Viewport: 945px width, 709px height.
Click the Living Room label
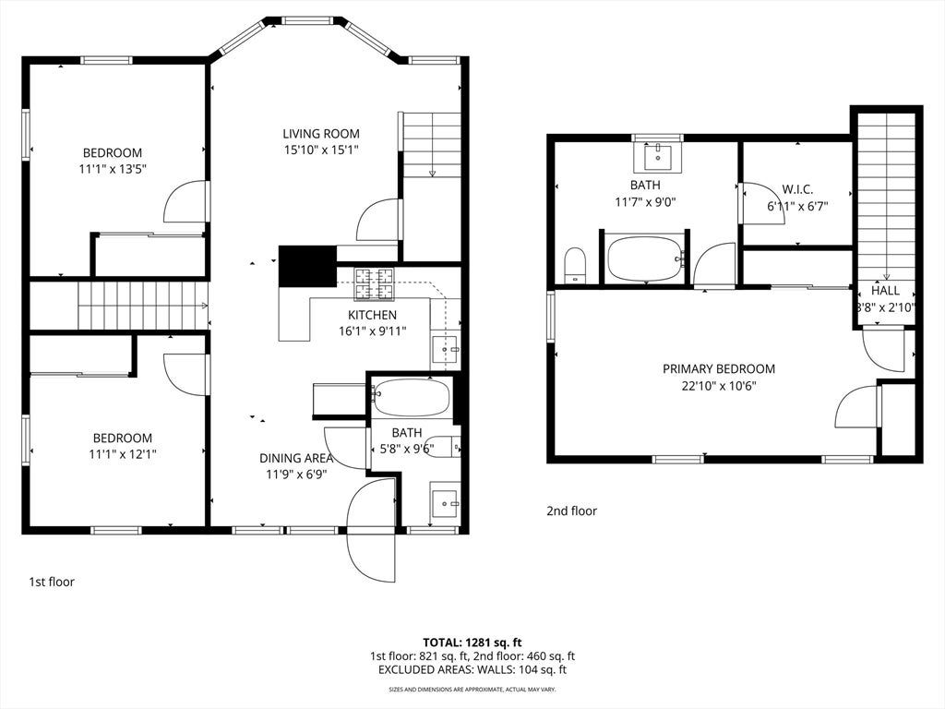pyautogui.click(x=321, y=134)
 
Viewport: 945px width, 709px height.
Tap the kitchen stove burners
pyautogui.click(x=374, y=284)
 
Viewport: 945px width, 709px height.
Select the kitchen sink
pyautogui.click(x=446, y=349)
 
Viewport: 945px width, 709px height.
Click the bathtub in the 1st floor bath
pyautogui.click(x=411, y=397)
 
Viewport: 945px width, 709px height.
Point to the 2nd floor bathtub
pyautogui.click(x=646, y=259)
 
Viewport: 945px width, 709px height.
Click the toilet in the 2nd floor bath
pyautogui.click(x=576, y=265)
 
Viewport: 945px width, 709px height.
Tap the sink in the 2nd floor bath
pyautogui.click(x=657, y=157)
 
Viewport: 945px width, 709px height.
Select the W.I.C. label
pyautogui.click(x=797, y=189)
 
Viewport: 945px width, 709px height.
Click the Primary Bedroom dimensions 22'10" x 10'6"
pyautogui.click(x=719, y=386)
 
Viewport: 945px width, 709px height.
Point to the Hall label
pyautogui.click(x=885, y=291)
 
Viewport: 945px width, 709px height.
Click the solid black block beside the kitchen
pyautogui.click(x=307, y=266)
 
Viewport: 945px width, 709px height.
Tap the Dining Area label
pyautogui.click(x=296, y=458)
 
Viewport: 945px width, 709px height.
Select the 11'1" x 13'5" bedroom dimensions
pyautogui.click(x=113, y=169)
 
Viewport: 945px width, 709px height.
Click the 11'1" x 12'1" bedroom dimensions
pyautogui.click(x=123, y=454)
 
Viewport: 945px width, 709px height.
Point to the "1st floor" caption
pyautogui.click(x=52, y=582)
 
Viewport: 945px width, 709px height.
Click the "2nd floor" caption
pyautogui.click(x=571, y=511)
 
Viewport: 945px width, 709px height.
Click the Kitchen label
pyautogui.click(x=373, y=315)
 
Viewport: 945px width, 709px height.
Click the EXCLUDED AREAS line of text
pyautogui.click(x=472, y=670)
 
